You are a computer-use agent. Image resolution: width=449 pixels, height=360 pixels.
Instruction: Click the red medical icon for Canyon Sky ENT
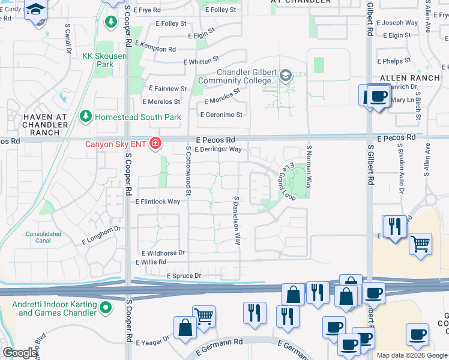155,143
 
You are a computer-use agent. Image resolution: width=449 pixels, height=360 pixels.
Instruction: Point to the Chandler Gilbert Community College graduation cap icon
285,76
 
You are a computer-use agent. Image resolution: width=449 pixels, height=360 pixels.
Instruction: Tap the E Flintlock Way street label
157,202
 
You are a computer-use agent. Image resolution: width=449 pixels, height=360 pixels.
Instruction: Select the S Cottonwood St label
188,172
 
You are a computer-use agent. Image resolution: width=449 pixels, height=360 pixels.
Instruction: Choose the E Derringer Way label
218,149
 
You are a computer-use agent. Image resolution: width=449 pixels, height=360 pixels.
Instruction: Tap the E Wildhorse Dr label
163,253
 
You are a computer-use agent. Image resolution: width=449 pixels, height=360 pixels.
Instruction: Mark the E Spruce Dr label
183,275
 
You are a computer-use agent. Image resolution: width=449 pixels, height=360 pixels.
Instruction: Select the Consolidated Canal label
43,238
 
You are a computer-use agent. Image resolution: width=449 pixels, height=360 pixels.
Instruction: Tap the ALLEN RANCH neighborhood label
410,78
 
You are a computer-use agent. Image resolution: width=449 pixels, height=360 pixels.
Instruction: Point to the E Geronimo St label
221,115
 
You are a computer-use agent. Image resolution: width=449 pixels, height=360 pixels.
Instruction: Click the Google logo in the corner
19,353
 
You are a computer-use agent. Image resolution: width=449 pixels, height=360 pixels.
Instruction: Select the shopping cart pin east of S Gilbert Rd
421,244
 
